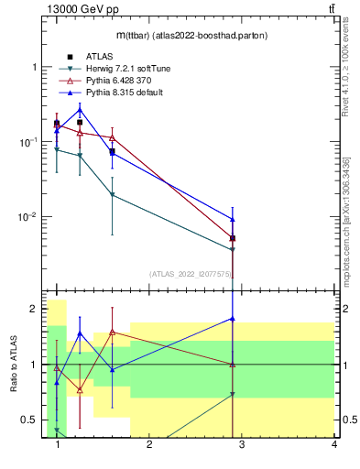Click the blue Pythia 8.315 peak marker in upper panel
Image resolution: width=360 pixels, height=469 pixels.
(x=80, y=109)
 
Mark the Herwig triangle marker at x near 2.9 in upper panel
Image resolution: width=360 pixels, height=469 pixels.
(x=233, y=249)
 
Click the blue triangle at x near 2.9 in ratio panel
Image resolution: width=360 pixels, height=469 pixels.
(x=233, y=319)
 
